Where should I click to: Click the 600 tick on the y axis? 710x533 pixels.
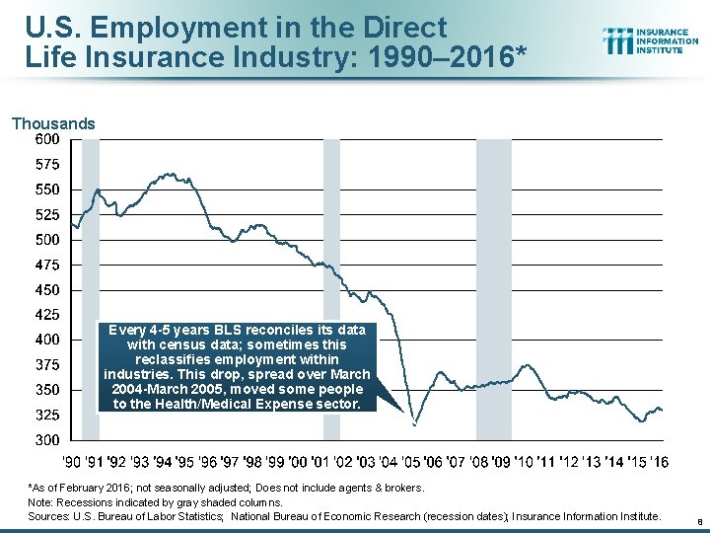point(47,139)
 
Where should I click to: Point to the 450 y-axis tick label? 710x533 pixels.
point(47,290)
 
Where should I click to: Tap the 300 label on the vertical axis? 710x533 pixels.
point(47,439)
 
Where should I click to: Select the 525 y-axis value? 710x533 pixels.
point(47,214)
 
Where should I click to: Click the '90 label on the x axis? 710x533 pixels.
point(72,461)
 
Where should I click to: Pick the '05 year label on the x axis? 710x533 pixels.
point(410,461)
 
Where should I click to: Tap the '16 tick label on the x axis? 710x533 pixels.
point(658,461)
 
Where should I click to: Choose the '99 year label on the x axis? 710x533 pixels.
point(275,461)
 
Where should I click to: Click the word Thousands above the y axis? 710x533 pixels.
point(53,124)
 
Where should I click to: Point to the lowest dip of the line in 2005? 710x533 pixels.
point(415,424)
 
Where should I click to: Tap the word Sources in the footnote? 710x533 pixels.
point(47,515)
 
